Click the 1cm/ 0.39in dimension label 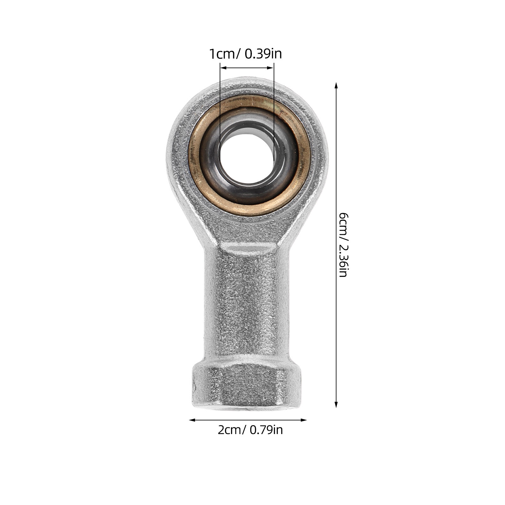click(x=246, y=54)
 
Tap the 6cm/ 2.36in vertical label click(x=343, y=245)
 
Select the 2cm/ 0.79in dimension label click(x=250, y=430)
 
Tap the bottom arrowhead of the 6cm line click(x=336, y=404)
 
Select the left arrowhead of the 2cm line click(x=192, y=420)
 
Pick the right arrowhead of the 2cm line click(x=303, y=420)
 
